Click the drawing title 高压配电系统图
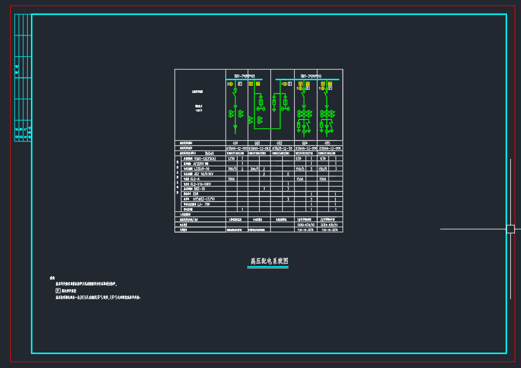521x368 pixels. (269, 261)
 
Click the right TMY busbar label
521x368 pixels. (310, 76)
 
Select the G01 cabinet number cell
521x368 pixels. (235, 143)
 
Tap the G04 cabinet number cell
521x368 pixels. (305, 143)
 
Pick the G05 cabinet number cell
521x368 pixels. (327, 143)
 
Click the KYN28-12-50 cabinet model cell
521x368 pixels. (282, 148)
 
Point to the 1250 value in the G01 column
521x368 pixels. (231, 158)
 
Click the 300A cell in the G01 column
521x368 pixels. (231, 179)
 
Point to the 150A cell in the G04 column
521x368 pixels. (300, 179)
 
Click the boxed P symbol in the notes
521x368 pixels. (58, 290)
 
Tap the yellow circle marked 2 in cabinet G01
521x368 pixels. (230, 84)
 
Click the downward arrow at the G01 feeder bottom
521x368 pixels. (235, 128)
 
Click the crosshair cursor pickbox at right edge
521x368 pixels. (510, 229)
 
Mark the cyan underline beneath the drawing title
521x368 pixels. (269, 267)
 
